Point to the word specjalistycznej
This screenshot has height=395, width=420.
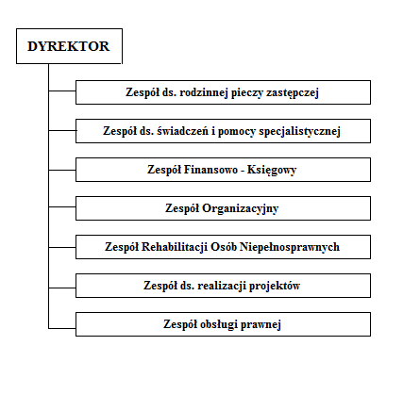[299, 131]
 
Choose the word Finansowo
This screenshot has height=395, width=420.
[210, 170]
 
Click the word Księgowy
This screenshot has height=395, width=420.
[272, 171]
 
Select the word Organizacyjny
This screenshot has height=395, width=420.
[241, 208]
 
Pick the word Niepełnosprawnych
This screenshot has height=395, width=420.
[290, 247]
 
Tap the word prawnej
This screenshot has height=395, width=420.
[260, 325]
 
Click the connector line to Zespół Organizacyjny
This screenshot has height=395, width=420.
[62, 206]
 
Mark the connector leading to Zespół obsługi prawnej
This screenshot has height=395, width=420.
[62, 328]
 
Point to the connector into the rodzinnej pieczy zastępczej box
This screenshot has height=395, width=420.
[62, 91]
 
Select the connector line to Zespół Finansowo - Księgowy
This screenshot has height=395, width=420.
[62, 170]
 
